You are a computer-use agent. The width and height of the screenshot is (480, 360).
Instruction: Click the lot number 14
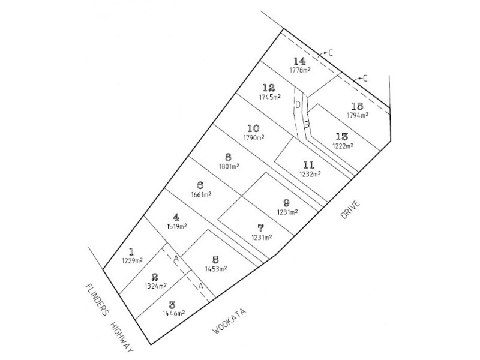299,61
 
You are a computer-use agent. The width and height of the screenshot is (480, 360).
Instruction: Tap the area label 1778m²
300,70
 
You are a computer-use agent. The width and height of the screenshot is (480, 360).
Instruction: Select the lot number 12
269,88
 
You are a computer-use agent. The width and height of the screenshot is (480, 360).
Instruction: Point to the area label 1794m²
358,115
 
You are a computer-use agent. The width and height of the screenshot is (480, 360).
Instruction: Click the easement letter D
298,104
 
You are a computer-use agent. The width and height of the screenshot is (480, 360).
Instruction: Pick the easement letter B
307,125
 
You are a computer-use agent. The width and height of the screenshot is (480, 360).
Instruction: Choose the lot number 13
342,137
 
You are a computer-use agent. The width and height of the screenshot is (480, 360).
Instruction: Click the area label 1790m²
254,137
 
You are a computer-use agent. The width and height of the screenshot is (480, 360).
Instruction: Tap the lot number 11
309,166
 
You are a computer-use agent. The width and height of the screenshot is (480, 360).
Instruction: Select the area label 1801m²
229,166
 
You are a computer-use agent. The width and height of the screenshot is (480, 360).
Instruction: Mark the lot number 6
200,185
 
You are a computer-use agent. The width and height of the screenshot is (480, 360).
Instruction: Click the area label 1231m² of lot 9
287,212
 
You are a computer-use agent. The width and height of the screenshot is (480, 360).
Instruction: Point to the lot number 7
260,229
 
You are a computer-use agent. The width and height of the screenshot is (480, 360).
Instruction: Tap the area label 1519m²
177,227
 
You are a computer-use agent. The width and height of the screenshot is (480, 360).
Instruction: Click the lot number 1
131,252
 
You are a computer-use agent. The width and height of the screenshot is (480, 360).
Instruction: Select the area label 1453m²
216,268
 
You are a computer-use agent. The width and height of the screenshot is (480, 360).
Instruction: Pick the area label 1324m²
156,286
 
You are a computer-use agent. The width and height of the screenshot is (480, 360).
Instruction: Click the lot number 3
172,305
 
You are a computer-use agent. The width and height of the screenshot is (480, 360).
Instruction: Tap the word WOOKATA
230,321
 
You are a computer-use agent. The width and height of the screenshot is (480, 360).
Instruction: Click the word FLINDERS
97,299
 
